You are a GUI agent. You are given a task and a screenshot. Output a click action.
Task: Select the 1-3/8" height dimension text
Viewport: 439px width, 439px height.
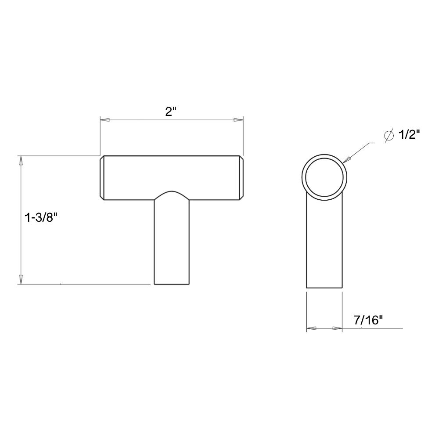click(41, 217)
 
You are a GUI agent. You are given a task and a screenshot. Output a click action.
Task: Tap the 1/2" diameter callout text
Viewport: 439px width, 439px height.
click(409, 135)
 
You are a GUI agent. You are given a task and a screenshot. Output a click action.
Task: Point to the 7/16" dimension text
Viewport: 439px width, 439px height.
click(368, 321)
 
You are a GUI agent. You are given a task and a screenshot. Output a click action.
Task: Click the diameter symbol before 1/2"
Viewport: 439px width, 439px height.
click(389, 136)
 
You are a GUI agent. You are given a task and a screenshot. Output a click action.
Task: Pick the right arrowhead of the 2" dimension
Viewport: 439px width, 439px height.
click(238, 120)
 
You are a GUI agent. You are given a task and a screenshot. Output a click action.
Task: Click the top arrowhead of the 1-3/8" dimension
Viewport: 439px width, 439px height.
click(20, 161)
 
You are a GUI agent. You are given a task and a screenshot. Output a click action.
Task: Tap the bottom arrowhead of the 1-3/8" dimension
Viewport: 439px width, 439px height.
click(20, 279)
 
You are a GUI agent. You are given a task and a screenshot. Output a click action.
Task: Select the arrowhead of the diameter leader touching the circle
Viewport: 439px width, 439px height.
click(346, 160)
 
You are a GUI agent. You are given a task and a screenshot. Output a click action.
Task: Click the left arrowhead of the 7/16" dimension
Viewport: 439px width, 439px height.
click(311, 328)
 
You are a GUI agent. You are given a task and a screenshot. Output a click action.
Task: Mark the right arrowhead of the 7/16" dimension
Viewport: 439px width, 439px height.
click(337, 328)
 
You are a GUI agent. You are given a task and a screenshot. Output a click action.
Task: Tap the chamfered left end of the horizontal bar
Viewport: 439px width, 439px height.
click(102, 178)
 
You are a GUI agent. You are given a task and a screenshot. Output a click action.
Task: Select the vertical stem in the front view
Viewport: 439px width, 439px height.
click(171, 246)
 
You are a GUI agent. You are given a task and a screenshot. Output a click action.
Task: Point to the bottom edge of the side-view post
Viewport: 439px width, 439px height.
click(324, 288)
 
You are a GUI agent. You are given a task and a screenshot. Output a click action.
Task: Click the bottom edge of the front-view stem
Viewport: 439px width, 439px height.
click(171, 284)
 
